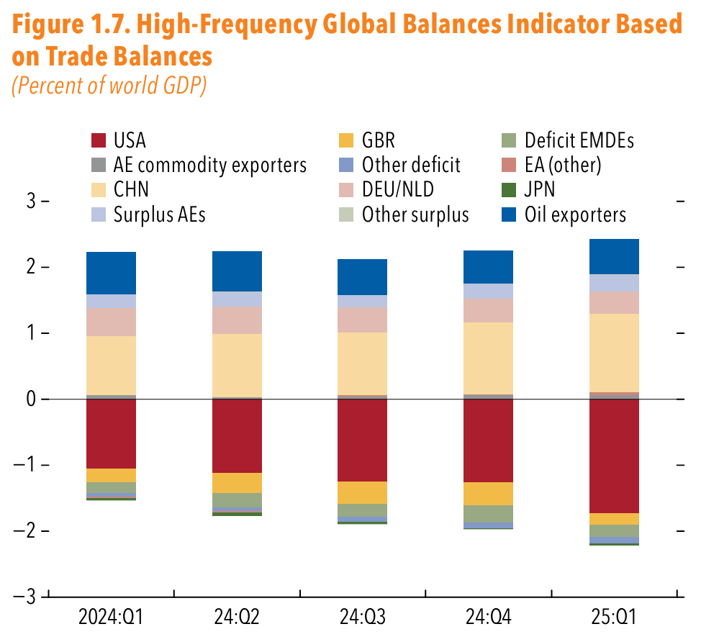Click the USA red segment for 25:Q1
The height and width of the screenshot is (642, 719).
tap(614, 456)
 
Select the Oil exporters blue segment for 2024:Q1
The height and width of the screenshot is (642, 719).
tap(111, 273)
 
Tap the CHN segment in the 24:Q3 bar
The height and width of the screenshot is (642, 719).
tap(362, 363)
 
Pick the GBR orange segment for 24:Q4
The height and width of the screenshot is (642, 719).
tap(488, 494)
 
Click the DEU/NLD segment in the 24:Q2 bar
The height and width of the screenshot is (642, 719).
tap(237, 320)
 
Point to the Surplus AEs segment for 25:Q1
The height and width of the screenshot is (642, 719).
tap(614, 283)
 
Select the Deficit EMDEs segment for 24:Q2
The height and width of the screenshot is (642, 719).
tap(237, 500)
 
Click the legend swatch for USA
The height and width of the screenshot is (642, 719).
tap(99, 140)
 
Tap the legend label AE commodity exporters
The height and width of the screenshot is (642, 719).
tap(209, 165)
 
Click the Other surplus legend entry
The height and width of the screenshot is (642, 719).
tap(415, 214)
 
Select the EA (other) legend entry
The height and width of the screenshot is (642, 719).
tap(562, 165)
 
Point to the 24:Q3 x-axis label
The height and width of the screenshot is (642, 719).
tap(362, 617)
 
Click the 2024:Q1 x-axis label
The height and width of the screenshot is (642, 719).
tap(111, 617)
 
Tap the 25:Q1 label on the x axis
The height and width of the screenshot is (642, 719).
tap(613, 617)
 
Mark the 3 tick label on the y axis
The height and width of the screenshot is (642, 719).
tap(31, 202)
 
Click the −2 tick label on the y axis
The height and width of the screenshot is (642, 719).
tap(26, 530)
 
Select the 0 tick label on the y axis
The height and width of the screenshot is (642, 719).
tap(31, 399)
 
